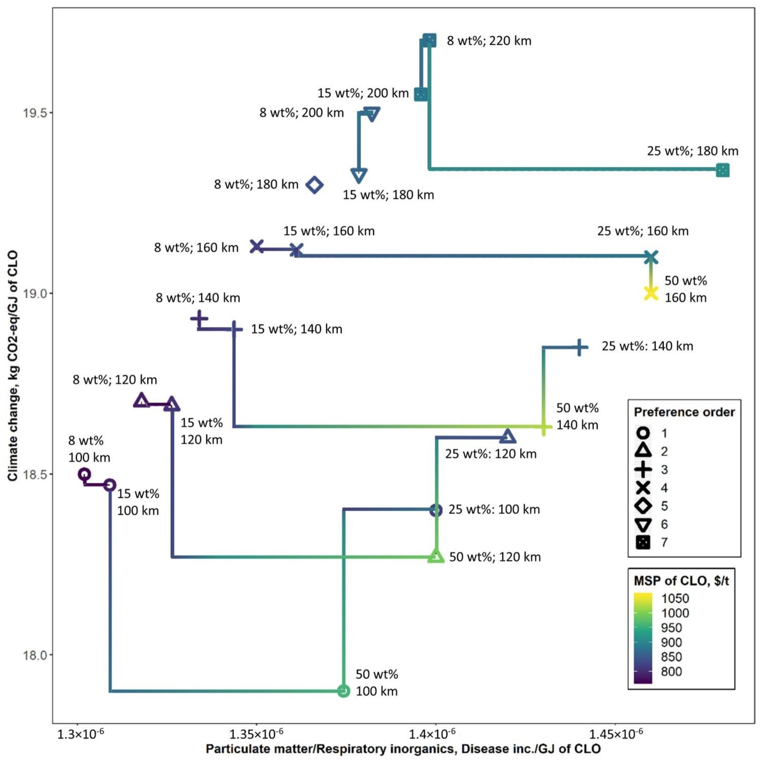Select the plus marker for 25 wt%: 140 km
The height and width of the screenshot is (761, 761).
pyautogui.click(x=579, y=347)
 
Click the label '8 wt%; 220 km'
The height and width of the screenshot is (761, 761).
pyautogui.click(x=489, y=41)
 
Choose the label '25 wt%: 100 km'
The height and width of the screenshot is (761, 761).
pyautogui.click(x=494, y=509)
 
